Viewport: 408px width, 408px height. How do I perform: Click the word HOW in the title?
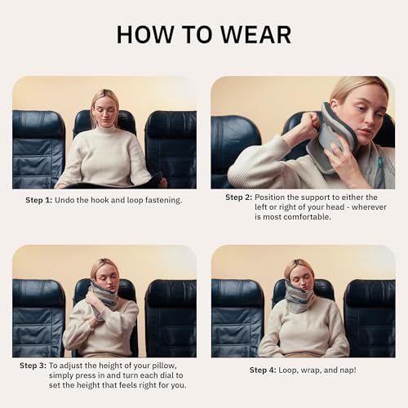[x=146, y=34]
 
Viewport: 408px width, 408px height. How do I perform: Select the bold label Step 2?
[x=238, y=197]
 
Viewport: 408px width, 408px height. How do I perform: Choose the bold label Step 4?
[x=264, y=370]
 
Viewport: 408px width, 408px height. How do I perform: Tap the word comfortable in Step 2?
[x=304, y=217]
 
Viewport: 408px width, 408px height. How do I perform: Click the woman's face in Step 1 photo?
[x=105, y=109]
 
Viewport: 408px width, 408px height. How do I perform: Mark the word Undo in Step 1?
[x=66, y=199]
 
